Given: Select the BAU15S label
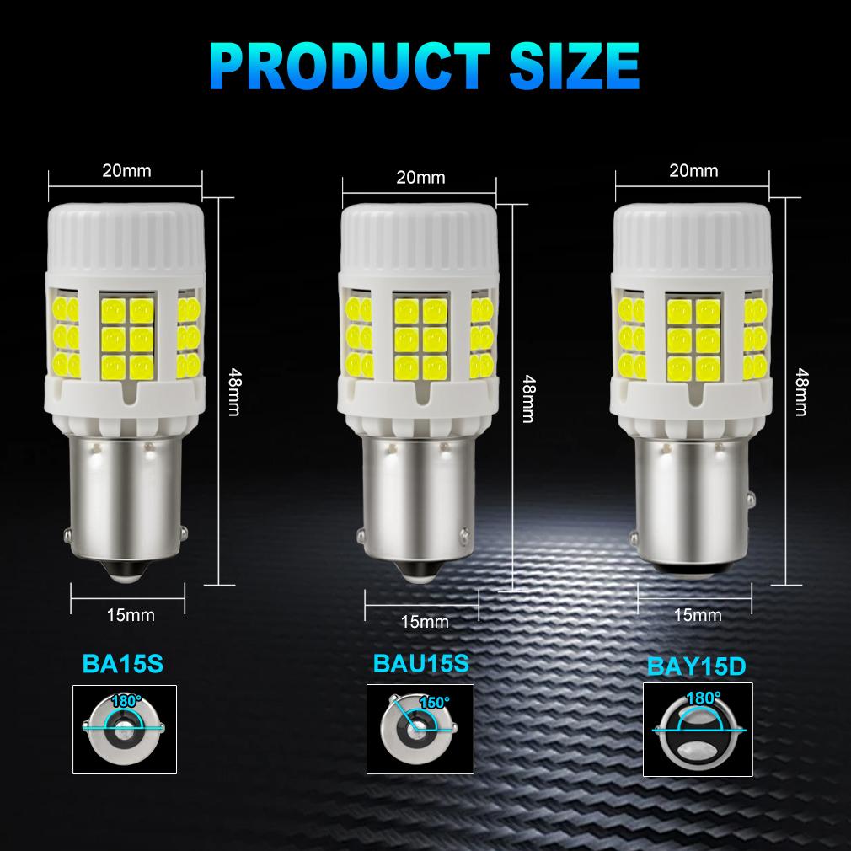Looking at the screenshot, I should pyautogui.click(x=420, y=662).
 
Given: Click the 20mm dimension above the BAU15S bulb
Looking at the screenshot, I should pyautogui.click(x=420, y=177).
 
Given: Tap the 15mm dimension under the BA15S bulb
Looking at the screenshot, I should pyautogui.click(x=131, y=614).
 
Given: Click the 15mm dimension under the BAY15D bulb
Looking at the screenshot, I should pyautogui.click(x=698, y=615).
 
